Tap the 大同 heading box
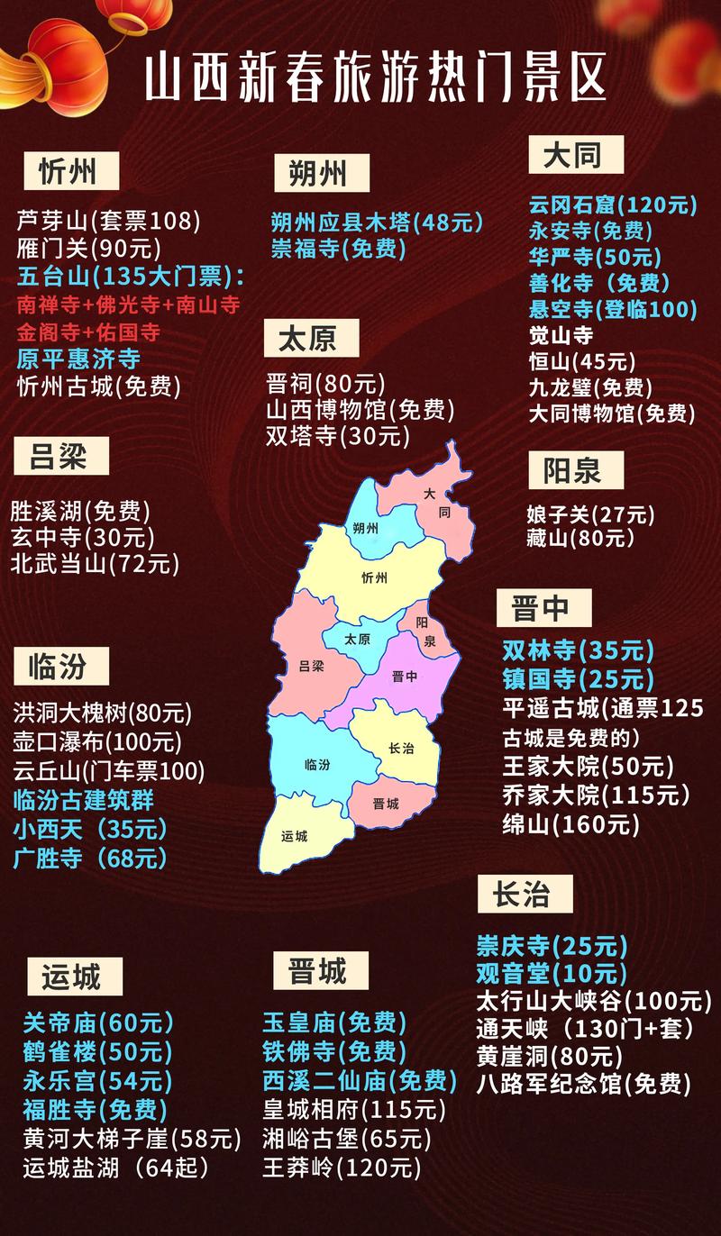(x=576, y=154)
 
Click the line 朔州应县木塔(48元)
(x=377, y=222)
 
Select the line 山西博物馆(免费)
(x=360, y=410)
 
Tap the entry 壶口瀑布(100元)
(x=97, y=742)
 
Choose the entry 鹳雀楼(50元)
(x=97, y=1050)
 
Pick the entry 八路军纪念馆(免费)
(x=583, y=1083)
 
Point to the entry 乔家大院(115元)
(x=596, y=795)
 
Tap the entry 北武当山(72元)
(x=95, y=565)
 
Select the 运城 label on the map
(x=294, y=836)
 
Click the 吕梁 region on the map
(x=311, y=667)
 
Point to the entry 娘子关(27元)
(x=590, y=515)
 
